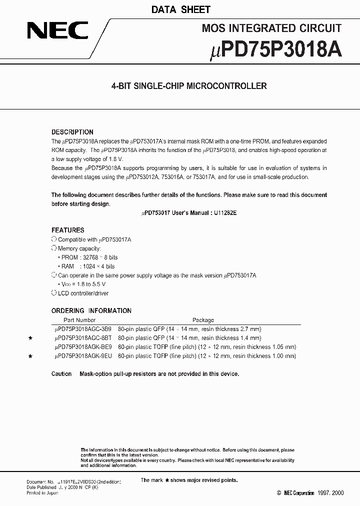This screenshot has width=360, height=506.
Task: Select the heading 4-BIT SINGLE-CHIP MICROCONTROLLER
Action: click(x=189, y=86)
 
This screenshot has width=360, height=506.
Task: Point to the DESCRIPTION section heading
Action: click(x=72, y=132)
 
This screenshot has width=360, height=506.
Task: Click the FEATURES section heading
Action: click(x=68, y=230)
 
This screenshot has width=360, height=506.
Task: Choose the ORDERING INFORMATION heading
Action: click(x=91, y=310)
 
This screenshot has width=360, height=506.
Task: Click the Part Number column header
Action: click(x=79, y=320)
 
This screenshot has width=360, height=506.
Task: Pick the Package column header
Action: click(x=203, y=320)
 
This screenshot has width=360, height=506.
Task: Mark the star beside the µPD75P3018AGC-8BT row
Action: click(x=31, y=338)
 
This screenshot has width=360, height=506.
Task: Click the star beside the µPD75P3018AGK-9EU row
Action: click(x=31, y=356)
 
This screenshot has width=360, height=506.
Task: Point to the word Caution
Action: click(x=61, y=374)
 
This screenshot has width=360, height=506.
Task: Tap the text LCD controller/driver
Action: click(x=83, y=293)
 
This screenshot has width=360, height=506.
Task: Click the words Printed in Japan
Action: click(x=42, y=493)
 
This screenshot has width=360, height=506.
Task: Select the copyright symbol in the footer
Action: click(x=279, y=493)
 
